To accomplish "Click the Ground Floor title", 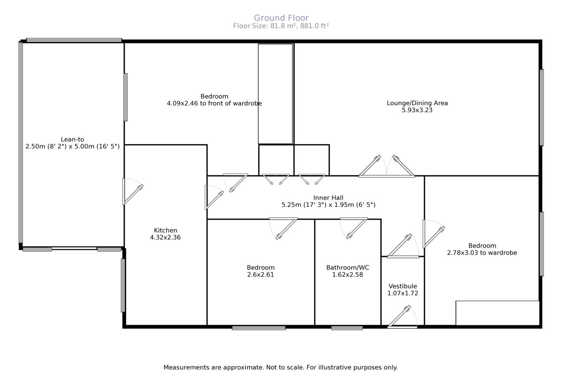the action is (x=281, y=18).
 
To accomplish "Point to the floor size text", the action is (x=281, y=26).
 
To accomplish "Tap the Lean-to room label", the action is (x=72, y=139).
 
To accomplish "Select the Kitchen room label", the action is (x=165, y=230).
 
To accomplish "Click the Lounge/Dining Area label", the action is (x=417, y=103).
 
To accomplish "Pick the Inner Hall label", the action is (x=328, y=198).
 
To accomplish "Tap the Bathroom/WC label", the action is (x=348, y=267).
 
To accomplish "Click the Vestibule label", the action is (x=403, y=286).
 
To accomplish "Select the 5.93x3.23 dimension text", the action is (x=417, y=110).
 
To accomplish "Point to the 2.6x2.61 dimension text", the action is (x=261, y=275).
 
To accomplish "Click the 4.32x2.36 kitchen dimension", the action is (x=165, y=237).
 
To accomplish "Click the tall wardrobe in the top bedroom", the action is (x=276, y=94).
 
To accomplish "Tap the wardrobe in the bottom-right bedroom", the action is (x=497, y=313).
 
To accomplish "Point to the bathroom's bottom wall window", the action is (x=347, y=328).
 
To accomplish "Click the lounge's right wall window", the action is (x=542, y=108).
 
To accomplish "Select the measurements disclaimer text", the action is (x=280, y=367).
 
